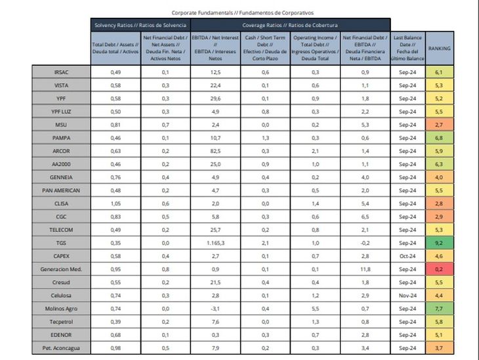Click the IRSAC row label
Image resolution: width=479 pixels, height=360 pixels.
[x=60, y=71]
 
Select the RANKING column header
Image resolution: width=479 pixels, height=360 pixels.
[x=439, y=49]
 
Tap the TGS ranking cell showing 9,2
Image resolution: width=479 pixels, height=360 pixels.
[x=439, y=243]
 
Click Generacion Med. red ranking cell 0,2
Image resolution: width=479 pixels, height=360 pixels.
[x=439, y=269]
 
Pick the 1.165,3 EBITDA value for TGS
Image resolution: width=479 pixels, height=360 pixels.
[x=215, y=243]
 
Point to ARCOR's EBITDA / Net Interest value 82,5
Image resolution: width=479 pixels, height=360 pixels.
[x=215, y=151]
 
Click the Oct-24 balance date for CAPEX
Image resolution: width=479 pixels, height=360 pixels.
[x=408, y=256]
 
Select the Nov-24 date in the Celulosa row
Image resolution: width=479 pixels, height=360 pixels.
[x=408, y=295]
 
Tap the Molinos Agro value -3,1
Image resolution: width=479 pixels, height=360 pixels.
[x=215, y=308]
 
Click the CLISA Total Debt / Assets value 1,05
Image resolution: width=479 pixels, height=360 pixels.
[x=115, y=203]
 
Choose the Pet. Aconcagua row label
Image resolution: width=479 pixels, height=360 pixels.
[x=60, y=348]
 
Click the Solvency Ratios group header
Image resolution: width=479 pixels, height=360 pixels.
[x=140, y=25]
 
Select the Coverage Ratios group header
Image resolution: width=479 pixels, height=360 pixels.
[x=290, y=25]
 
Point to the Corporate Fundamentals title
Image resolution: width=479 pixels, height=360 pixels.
[x=243, y=12]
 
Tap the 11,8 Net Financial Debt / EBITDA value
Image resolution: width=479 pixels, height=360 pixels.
[x=365, y=269]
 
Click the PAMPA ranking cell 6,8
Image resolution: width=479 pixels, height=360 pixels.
[x=439, y=138]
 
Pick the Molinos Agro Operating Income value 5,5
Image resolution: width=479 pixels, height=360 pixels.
[x=316, y=308]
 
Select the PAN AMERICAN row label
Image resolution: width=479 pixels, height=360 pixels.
[x=60, y=190]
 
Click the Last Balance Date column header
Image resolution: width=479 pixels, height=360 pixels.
[x=408, y=49]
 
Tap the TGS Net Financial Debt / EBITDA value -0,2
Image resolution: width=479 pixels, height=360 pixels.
[x=365, y=243]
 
